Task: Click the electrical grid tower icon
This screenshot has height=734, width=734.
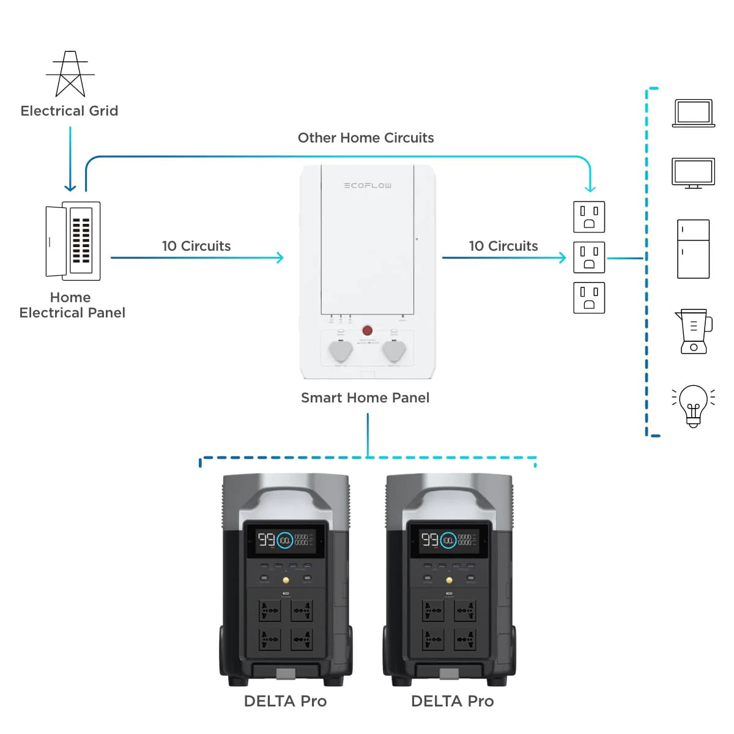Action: (x=70, y=74)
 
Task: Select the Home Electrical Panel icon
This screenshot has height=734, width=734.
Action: (x=73, y=240)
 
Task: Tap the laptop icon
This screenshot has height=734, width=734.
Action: (x=693, y=113)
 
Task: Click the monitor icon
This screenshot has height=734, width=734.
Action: (x=693, y=173)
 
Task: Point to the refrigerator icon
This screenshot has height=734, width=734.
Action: (x=693, y=249)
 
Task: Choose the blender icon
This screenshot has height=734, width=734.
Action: (x=694, y=332)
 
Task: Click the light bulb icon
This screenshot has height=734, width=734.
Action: (x=693, y=405)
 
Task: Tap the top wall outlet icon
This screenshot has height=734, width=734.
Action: (x=589, y=217)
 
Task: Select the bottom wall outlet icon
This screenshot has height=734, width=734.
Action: (x=589, y=298)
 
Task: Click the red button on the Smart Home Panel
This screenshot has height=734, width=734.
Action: (x=368, y=330)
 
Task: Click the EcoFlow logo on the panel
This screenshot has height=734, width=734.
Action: (x=368, y=185)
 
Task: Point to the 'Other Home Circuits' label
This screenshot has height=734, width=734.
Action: (x=366, y=138)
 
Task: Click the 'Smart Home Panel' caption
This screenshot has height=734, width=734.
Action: (x=365, y=398)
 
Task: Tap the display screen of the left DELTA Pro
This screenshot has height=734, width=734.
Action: (x=286, y=540)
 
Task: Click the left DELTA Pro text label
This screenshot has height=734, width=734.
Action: (x=285, y=701)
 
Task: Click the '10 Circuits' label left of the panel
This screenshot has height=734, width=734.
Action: (x=196, y=246)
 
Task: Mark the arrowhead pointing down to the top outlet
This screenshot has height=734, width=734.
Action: (x=590, y=188)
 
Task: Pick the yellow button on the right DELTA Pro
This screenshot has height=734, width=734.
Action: (x=450, y=580)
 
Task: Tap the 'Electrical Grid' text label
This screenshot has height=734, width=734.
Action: (x=69, y=111)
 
